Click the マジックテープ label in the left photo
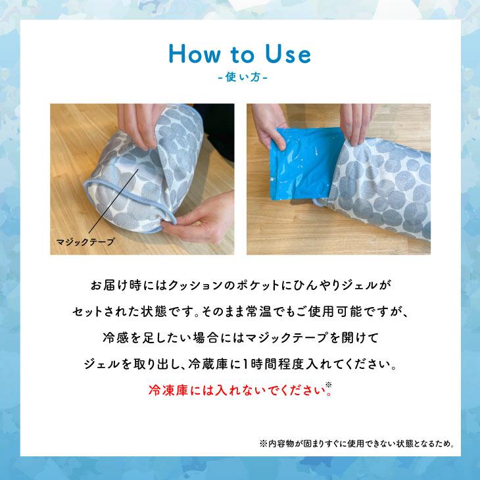pyautogui.click(x=84, y=241)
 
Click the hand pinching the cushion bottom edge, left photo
pyautogui.click(x=197, y=227)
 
